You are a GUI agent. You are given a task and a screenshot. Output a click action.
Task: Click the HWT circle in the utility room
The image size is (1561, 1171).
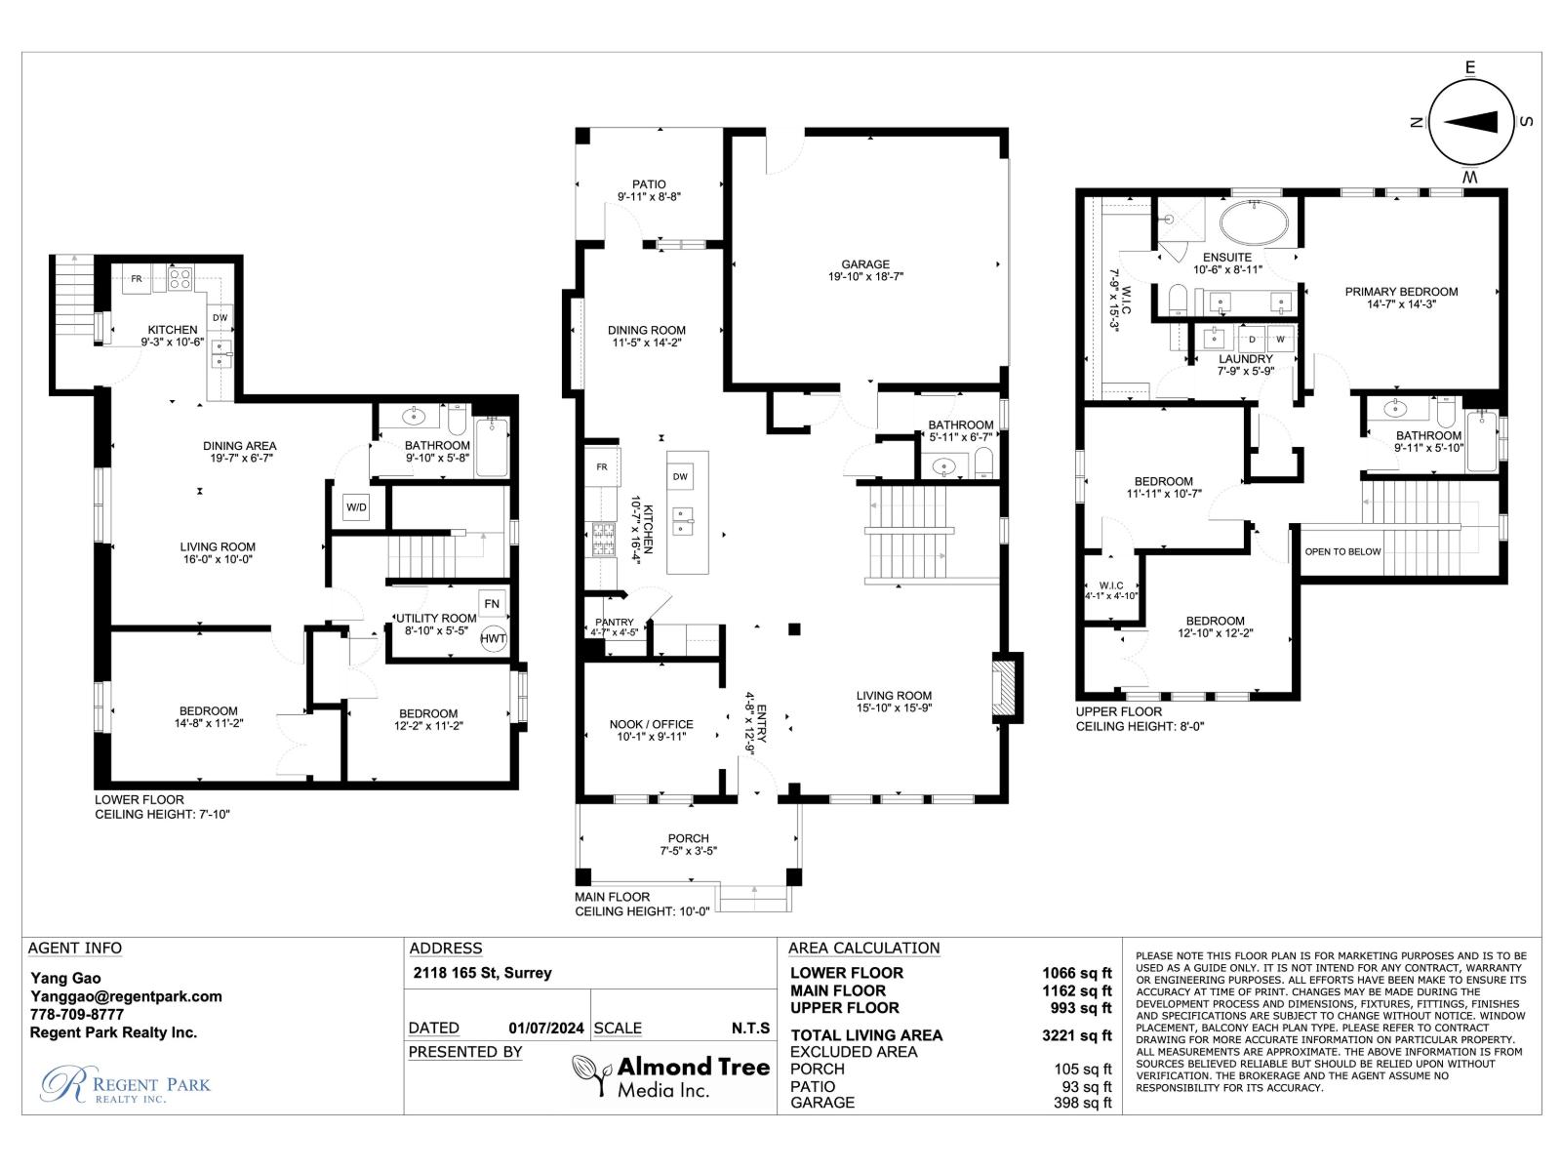[x=494, y=638]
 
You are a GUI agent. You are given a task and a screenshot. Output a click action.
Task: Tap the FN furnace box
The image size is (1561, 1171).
[x=492, y=603]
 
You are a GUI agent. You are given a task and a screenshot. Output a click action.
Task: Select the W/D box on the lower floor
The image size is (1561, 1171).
[x=356, y=507]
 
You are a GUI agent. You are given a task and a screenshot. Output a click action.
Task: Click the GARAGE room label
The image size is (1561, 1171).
[x=865, y=263]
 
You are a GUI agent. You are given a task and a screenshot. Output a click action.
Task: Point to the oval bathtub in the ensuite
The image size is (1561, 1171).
[x=1254, y=223]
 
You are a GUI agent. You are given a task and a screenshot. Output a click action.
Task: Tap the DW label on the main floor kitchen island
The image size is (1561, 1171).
[x=681, y=476]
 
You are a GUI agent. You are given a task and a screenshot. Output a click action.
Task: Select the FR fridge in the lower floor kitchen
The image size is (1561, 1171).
[x=137, y=279]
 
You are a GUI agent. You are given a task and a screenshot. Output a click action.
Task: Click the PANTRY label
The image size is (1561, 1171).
[x=615, y=622]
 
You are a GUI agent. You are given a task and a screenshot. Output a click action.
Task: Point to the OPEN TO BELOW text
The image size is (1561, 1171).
[x=1342, y=551]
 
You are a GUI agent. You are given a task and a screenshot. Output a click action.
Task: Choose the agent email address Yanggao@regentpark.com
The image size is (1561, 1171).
[x=126, y=996]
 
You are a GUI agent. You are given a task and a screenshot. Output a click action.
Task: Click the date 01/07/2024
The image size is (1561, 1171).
[x=546, y=1028]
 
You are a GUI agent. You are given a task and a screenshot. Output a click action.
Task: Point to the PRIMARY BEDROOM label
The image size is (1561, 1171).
[x=1401, y=291]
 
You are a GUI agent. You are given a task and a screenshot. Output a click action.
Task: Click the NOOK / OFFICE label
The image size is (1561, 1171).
[x=651, y=724]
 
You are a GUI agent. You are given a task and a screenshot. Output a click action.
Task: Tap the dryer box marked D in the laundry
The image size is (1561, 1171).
[x=1252, y=340]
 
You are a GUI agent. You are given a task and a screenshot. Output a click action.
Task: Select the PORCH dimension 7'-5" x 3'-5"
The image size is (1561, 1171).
[x=688, y=852]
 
